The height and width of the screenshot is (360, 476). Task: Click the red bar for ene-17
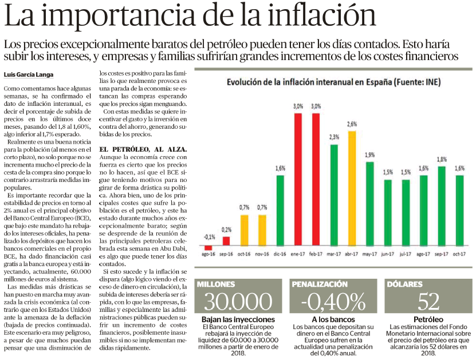point(298,179)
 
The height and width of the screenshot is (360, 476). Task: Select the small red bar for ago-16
point(209,247)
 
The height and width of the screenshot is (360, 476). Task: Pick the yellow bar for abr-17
point(352,188)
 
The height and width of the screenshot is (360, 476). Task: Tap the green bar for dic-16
point(280,211)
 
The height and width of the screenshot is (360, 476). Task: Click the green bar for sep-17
point(442,206)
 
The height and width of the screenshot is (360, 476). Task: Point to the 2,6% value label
point(352,124)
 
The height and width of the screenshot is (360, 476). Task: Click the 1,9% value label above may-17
point(370,155)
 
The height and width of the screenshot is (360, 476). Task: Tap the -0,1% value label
point(210,237)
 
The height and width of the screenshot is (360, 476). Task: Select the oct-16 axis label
point(244,254)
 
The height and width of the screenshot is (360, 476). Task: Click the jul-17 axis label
point(406,254)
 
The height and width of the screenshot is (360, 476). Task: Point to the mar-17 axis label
point(333,254)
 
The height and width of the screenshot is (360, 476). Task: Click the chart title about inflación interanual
point(333,82)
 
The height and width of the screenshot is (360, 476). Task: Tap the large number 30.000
point(238,301)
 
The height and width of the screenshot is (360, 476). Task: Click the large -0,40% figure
point(333,301)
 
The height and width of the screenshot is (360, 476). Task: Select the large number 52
point(428,301)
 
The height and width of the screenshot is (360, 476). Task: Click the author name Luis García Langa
point(29,74)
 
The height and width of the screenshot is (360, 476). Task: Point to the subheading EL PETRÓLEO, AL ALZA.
point(143,149)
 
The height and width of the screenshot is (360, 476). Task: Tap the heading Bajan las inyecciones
point(238,319)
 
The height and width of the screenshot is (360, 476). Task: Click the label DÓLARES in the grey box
point(404,284)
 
